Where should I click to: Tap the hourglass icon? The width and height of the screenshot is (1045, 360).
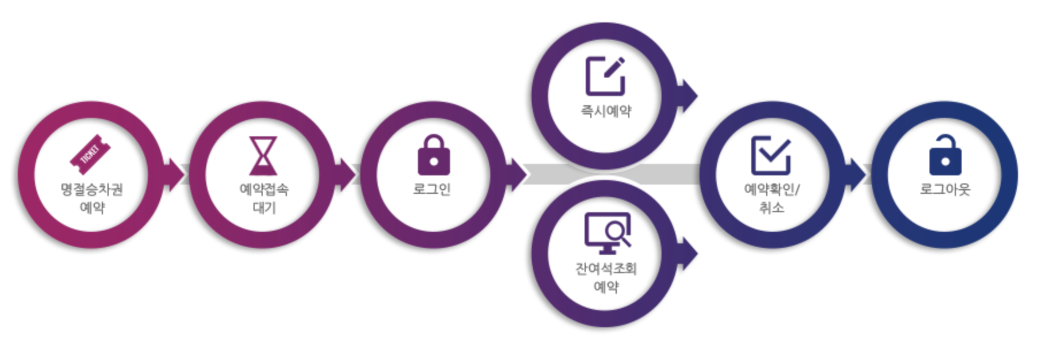tap(263, 155)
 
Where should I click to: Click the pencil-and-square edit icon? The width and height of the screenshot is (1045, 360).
tap(605, 76)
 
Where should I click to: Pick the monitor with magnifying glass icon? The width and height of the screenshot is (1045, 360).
tap(607, 233)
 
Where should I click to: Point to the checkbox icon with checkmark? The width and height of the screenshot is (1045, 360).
tap(771, 155)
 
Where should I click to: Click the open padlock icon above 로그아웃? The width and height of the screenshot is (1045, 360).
tap(945, 155)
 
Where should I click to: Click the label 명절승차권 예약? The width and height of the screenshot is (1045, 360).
tap(92, 198)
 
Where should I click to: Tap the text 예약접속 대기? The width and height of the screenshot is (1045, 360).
tap(264, 198)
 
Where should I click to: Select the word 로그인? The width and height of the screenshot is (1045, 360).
tap(432, 189)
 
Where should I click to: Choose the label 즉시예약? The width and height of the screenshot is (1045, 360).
tap(606, 111)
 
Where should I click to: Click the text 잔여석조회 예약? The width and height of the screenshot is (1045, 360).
tap(606, 277)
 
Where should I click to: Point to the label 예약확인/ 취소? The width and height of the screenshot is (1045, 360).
tap(771, 198)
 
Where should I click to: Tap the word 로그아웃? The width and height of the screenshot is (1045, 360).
tap(945, 189)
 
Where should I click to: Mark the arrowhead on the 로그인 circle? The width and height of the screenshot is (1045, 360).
tap(516, 174)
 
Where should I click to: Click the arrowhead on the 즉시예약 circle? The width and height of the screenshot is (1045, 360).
tap(687, 96)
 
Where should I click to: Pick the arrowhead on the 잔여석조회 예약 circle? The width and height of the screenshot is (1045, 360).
tap(687, 253)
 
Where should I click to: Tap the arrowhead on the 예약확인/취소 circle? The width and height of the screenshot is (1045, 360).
tap(855, 174)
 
